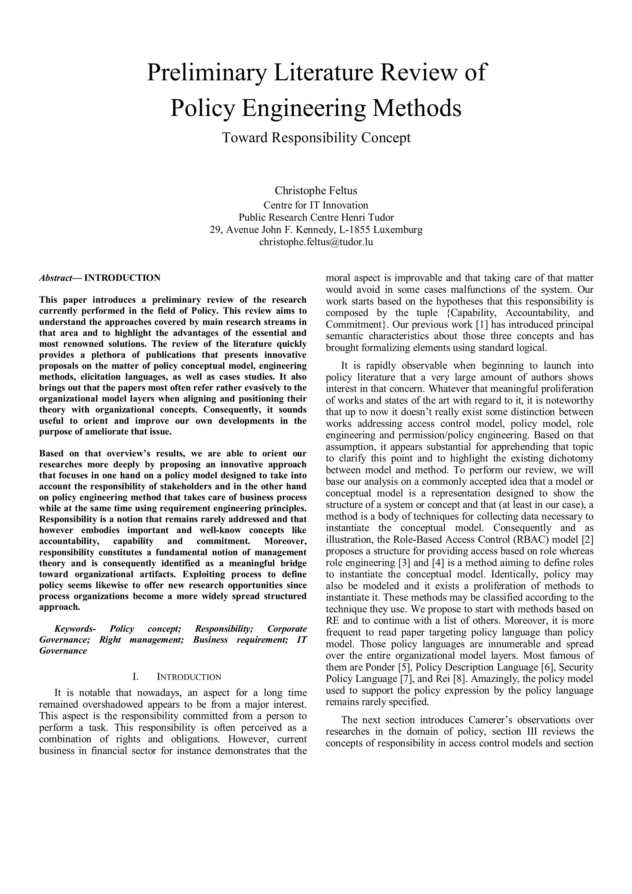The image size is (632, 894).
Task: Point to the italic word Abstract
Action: coord(56,278)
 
